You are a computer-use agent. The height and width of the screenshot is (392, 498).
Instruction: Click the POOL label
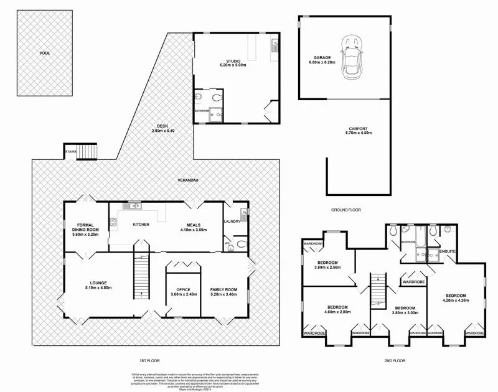pos(44,54)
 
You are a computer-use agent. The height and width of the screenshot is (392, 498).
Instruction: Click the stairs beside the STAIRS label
pos(88,152)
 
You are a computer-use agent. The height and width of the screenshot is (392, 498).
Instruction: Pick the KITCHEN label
pos(141,224)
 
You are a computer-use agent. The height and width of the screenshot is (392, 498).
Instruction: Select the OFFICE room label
pos(184,292)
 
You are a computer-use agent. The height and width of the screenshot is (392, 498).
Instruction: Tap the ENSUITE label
pos(448,251)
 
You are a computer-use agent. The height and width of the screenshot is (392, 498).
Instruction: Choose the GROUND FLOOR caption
pos(345,210)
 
